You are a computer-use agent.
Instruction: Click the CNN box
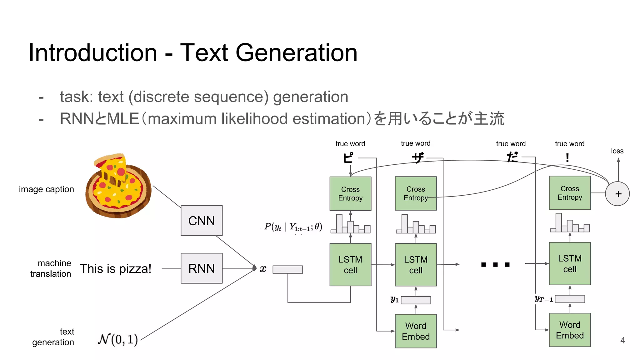coord(202,221)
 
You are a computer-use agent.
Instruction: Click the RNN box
coord(202,268)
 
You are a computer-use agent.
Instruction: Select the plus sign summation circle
coord(617,194)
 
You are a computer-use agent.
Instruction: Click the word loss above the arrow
coord(617,151)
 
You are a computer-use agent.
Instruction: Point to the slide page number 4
coord(622,340)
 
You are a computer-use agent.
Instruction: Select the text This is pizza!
coord(116,269)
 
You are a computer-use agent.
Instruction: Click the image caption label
coord(46,189)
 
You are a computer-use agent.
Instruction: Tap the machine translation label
coord(51,268)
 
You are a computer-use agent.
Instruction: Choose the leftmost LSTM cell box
coord(350,265)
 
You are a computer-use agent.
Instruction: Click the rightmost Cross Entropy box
coord(570,193)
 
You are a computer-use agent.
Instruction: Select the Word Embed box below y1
coord(416,331)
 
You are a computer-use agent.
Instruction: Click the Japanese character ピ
coord(348,158)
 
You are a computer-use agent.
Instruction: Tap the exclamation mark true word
coord(567,158)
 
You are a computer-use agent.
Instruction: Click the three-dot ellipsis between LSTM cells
coord(495,265)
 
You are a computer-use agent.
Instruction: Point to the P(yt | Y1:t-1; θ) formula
coord(293,227)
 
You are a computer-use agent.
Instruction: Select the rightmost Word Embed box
coord(570,330)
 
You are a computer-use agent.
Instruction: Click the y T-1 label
coord(543,299)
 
